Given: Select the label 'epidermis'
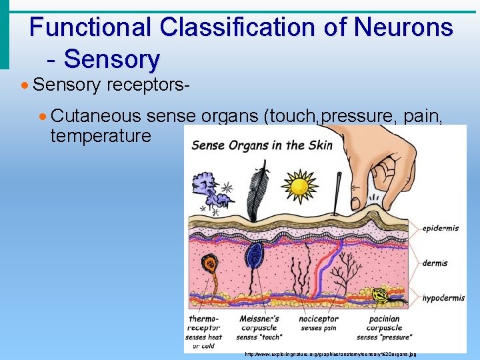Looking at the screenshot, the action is point(440,228).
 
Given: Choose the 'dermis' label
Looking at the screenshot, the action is point(435,263).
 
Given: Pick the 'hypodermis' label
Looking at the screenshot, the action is point(443,298).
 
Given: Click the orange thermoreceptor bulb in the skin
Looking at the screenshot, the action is point(211,263).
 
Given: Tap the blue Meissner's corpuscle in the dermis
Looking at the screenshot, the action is point(253,255).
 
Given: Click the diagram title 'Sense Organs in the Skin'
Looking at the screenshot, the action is point(262,145).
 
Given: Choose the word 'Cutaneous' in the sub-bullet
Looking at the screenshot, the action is point(96,116).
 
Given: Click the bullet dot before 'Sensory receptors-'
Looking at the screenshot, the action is point(25,85).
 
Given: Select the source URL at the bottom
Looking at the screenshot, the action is point(330,354).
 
